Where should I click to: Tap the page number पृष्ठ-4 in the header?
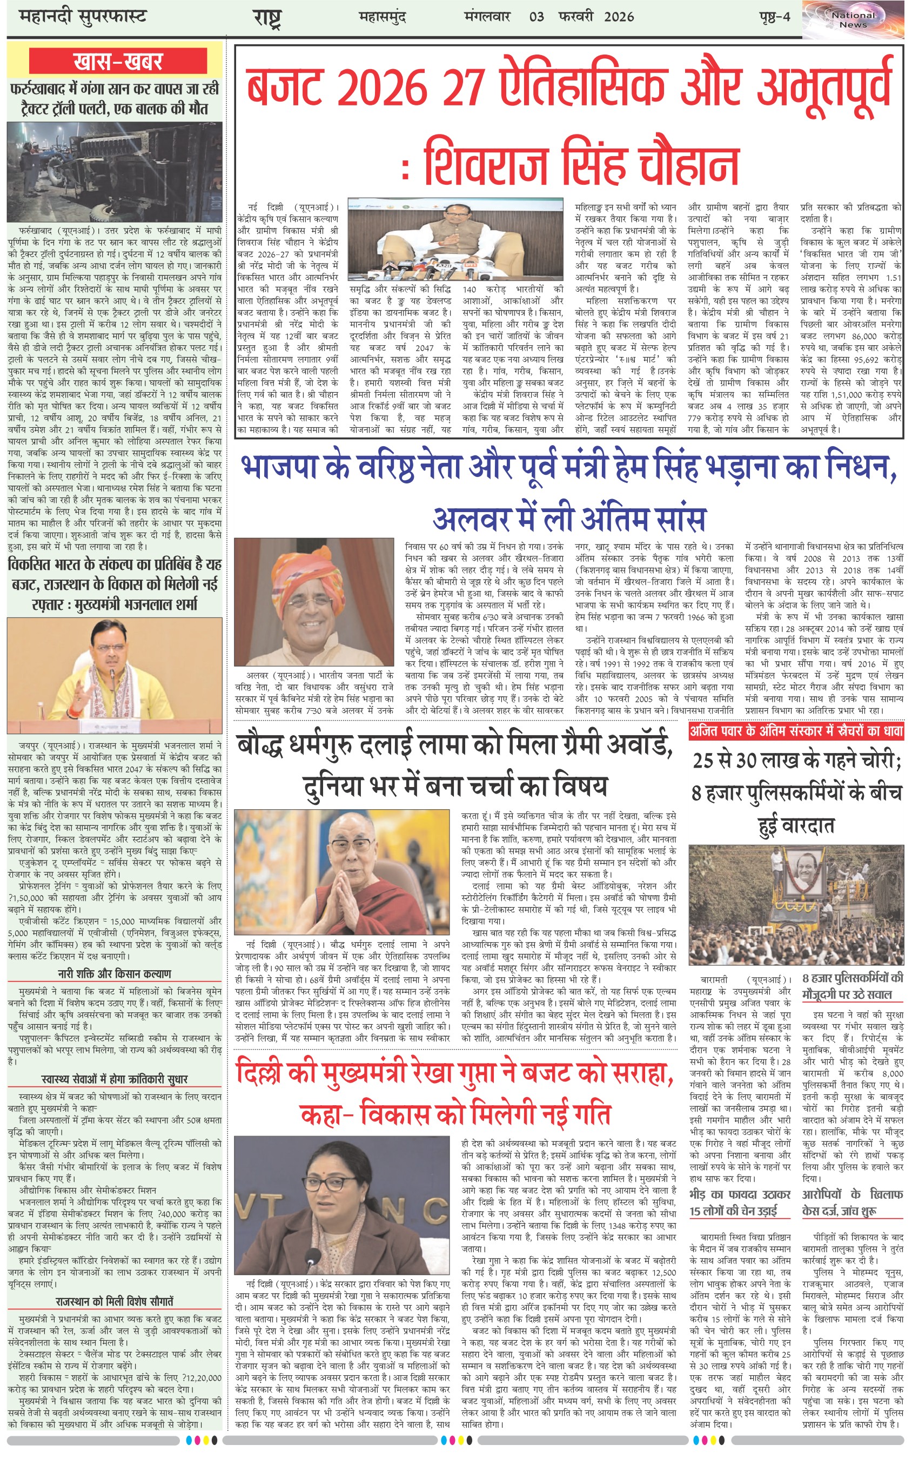[774, 16]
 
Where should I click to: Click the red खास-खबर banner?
[118, 62]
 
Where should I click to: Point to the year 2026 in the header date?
[618, 16]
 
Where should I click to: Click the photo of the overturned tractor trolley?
[115, 172]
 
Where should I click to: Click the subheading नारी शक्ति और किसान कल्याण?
[115, 973]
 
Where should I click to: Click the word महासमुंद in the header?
[382, 16]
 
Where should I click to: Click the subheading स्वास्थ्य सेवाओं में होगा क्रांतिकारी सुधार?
[115, 1079]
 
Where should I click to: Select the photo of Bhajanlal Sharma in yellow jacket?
[115, 675]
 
